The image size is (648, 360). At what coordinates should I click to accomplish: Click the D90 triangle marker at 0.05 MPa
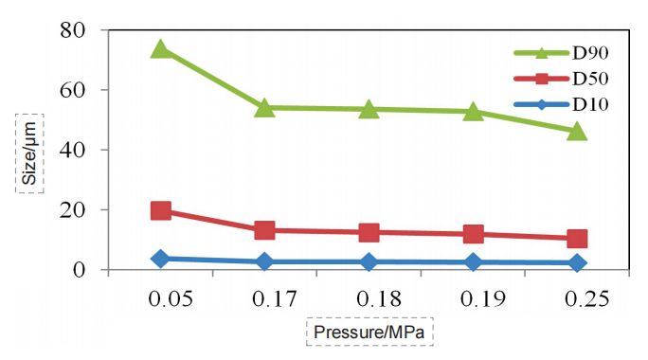tap(161, 49)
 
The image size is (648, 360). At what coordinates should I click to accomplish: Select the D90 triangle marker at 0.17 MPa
tap(264, 108)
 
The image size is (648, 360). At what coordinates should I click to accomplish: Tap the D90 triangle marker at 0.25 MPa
tap(577, 131)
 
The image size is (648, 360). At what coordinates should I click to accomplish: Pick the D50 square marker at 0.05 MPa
tap(161, 210)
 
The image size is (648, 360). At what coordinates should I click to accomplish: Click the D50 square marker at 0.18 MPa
tap(369, 232)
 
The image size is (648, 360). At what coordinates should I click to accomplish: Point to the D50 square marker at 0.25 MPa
tap(577, 239)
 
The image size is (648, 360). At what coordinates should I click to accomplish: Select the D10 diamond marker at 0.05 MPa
tap(161, 258)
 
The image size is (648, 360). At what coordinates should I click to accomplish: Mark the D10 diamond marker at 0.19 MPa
tap(473, 262)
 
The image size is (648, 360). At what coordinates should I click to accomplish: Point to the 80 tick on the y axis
tap(73, 30)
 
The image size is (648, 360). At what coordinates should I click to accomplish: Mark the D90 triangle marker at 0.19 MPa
tap(473, 112)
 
